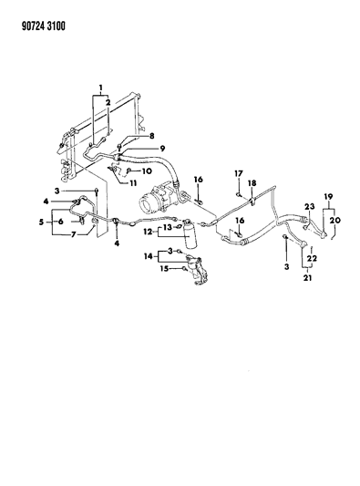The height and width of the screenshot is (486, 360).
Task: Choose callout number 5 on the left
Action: click(44, 222)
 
